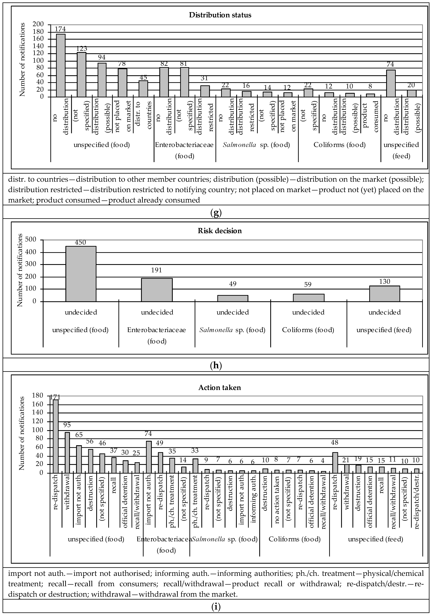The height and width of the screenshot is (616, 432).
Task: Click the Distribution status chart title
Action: click(x=220, y=15)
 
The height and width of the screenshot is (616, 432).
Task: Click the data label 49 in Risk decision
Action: click(x=233, y=284)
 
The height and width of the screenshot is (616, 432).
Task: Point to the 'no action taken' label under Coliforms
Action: click(x=277, y=498)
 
